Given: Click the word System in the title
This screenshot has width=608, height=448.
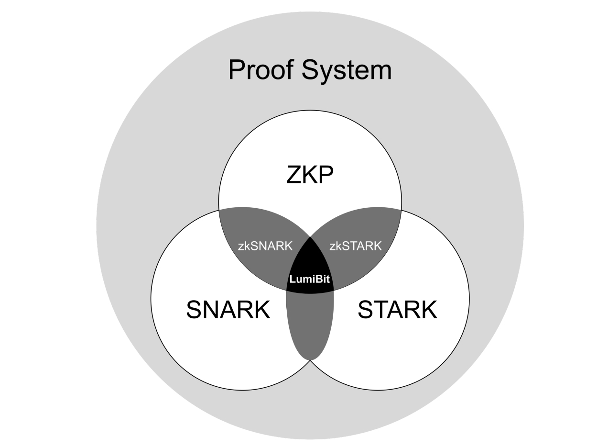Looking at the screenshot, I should [347, 71].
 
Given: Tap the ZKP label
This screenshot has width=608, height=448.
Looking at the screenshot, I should [310, 175].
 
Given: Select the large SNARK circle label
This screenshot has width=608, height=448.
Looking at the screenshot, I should [228, 310].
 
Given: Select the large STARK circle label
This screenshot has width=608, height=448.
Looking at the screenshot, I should [397, 310].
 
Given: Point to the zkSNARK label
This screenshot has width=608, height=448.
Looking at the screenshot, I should [265, 246].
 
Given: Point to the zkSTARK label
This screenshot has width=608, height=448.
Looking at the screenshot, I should [356, 246].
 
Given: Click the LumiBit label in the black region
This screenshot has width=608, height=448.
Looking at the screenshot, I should [310, 279].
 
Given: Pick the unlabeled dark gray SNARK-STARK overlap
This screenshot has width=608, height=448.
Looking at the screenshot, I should [310, 325].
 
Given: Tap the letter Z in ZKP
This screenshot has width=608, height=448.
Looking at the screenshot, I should [294, 175].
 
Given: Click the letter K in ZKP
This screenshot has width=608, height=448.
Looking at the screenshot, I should [310, 175].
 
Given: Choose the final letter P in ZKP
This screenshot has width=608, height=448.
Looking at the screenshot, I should [326, 175].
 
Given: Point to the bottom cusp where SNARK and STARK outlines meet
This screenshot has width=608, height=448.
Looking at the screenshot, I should [310, 360].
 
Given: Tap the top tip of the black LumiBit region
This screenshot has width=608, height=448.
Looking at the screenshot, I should [310, 236].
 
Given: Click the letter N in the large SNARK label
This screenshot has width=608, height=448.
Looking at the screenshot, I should [210, 310].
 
